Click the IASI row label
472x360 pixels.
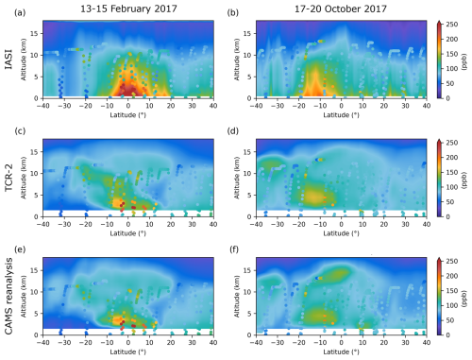[8, 58]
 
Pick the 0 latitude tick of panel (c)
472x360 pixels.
[129, 225]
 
